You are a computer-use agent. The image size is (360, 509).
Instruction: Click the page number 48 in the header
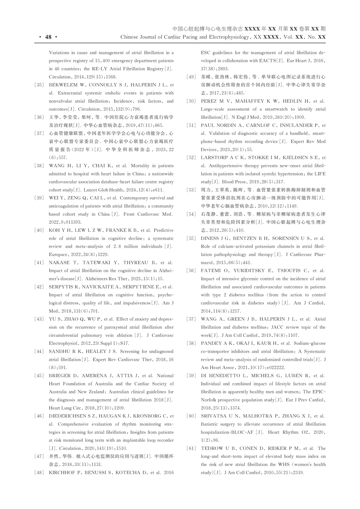[x=48, y=37]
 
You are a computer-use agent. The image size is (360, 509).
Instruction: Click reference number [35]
[x=39, y=85]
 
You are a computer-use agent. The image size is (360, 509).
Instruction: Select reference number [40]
[x=39, y=230]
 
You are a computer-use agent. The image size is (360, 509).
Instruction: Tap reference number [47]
[x=39, y=456]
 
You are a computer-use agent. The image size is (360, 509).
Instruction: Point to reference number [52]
[x=191, y=158]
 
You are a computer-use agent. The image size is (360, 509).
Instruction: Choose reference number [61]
[x=191, y=448]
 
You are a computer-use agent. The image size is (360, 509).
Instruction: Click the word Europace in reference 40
[x=58, y=255]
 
